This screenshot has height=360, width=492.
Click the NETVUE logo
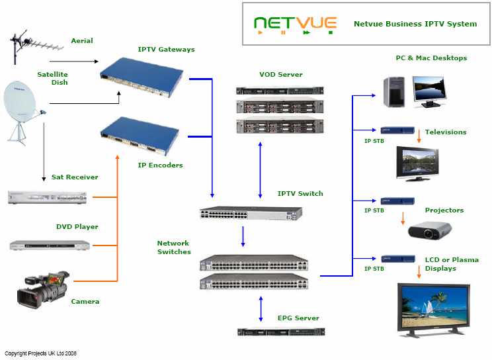(x=295, y=24)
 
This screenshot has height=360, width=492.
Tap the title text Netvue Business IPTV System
(x=415, y=24)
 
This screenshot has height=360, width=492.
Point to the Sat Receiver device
(x=47, y=197)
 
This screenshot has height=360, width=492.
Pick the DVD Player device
(x=50, y=245)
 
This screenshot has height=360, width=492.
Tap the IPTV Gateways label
(x=166, y=50)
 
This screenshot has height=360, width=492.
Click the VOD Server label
(x=281, y=75)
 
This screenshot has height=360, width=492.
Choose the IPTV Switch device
(x=251, y=212)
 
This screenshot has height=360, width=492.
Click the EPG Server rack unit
(x=282, y=332)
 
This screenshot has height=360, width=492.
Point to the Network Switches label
(x=174, y=247)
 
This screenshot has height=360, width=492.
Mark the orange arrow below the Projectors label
(x=403, y=218)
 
